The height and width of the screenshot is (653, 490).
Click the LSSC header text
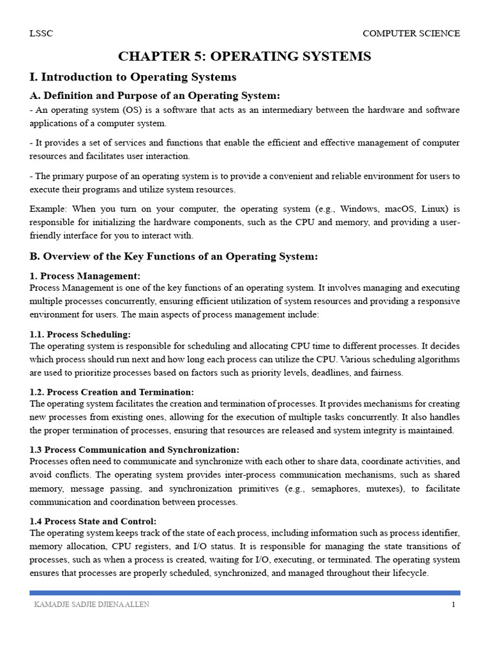pos(41,34)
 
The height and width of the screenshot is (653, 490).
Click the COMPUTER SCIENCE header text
pos(411,34)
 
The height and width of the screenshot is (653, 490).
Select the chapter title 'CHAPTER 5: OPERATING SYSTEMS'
pos(244,57)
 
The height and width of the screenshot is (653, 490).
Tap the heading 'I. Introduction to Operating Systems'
pos(133,77)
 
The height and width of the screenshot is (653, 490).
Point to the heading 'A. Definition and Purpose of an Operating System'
pos(154,96)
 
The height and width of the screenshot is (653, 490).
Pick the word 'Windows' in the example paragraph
pos(359,209)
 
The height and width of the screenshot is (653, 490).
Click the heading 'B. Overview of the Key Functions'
pos(174,256)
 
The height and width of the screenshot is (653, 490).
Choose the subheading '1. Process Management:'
pos(85,275)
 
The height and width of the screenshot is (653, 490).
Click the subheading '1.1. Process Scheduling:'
pos(80,334)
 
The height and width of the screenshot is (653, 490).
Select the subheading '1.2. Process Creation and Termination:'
pos(112,392)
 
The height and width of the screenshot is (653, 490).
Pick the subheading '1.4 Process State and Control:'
pos(93,521)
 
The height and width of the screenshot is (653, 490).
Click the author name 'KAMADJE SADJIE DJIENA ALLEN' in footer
pos(91,605)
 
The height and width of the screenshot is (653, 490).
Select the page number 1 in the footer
pos(453,605)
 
